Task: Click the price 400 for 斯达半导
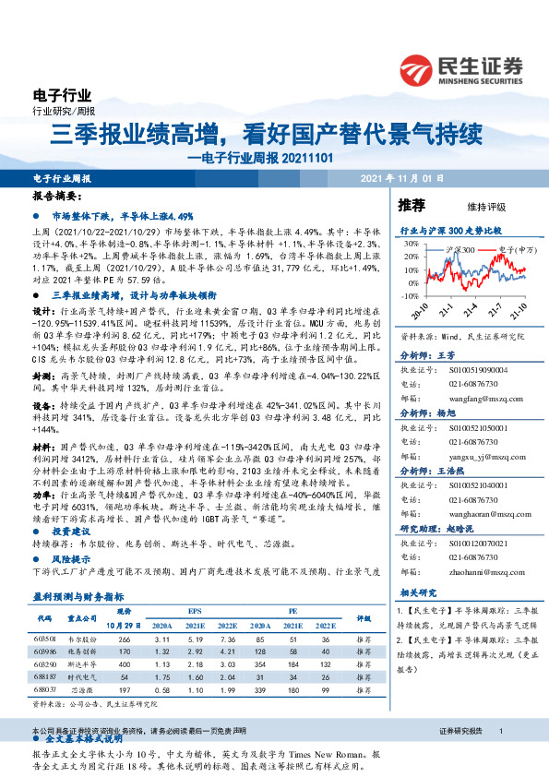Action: coord(125,663)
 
